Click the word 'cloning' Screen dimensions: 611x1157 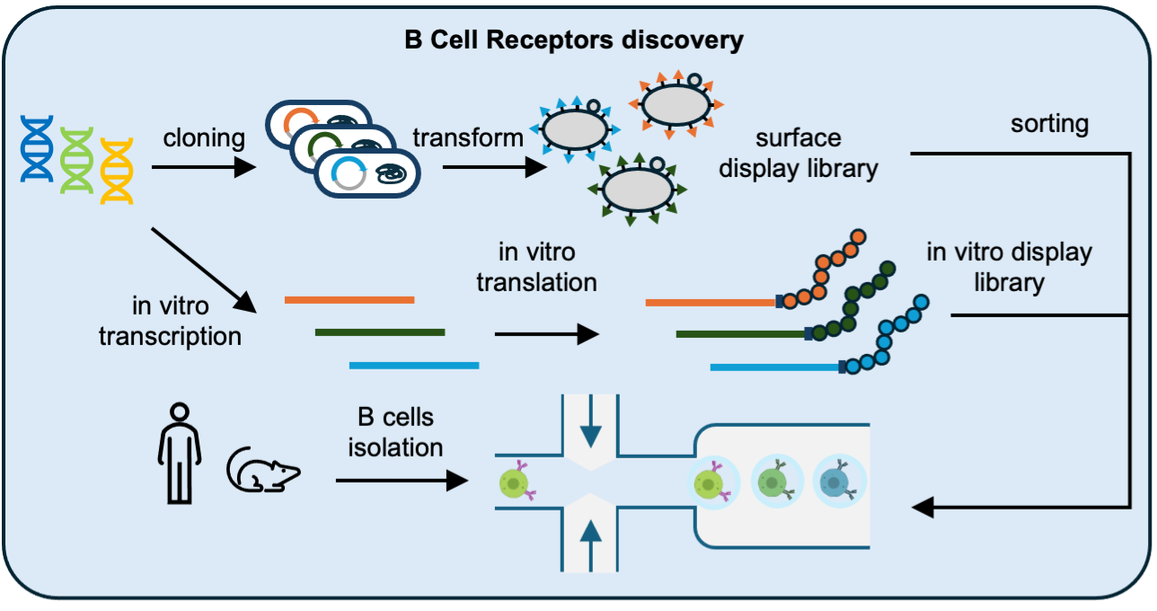[204, 137]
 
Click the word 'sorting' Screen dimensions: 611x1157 [1048, 123]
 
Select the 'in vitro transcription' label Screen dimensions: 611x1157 [170, 321]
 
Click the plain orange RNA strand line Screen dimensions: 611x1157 [349, 299]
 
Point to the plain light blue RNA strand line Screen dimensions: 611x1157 [413, 366]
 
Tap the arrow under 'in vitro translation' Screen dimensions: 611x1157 [546, 335]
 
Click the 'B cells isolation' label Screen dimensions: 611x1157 [395, 431]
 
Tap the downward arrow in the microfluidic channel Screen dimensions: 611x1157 [590, 429]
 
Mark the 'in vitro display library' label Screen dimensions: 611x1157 [1009, 267]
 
